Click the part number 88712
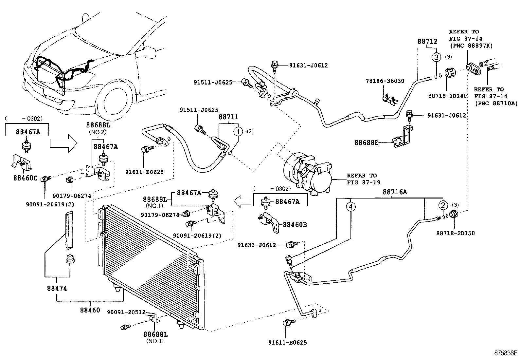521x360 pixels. (427, 42)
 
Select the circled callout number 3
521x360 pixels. (436, 57)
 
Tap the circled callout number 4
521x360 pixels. (351, 207)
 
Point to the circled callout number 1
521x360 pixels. (238, 132)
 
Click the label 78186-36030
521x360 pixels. (385, 81)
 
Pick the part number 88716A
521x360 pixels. (395, 192)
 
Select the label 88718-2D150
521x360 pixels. (455, 233)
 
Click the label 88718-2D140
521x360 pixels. (447, 96)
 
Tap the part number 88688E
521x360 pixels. (366, 142)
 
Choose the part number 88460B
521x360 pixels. (295, 225)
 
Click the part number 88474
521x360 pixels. (57, 288)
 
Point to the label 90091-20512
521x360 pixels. (126, 312)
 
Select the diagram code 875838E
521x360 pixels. (506, 353)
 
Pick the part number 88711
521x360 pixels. (228, 117)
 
